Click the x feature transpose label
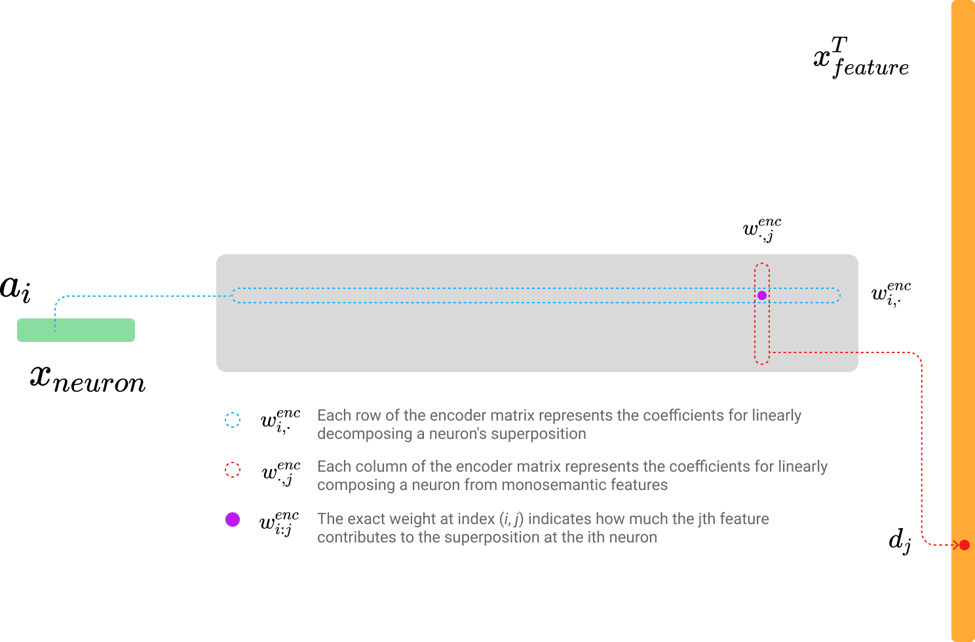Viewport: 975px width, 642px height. (860, 59)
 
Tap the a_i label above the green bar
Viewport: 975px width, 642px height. (15, 289)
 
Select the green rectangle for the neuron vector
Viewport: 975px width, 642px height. (76, 330)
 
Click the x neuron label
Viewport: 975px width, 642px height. (88, 378)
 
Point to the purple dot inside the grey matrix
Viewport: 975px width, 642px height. (762, 295)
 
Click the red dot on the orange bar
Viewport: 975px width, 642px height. (964, 544)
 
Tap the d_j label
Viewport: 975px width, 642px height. (900, 541)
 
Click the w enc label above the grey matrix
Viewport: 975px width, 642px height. (761, 230)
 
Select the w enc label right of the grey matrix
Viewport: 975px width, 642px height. (890, 293)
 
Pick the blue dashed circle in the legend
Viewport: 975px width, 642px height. (233, 420)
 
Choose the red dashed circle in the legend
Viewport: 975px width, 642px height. (233, 470)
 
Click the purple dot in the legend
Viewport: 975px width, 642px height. (233, 519)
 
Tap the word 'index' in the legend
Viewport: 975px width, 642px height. (476, 519)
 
